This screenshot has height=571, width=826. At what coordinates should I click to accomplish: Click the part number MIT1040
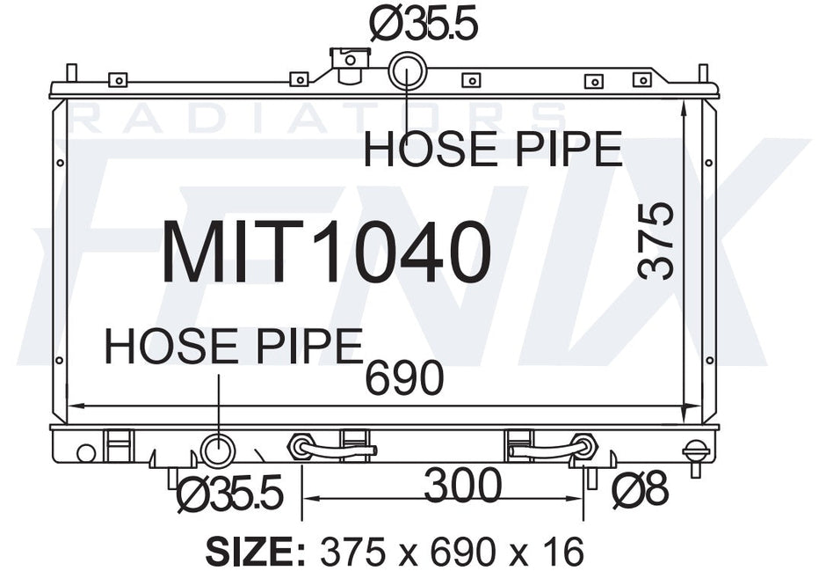(x=327, y=252)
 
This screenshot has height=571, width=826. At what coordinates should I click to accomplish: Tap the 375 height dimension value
(x=656, y=240)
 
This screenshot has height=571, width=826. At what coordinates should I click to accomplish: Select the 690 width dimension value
(x=404, y=377)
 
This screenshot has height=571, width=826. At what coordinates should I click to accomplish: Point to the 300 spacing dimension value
(x=463, y=485)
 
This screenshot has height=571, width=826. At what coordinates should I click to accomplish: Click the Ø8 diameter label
(x=641, y=490)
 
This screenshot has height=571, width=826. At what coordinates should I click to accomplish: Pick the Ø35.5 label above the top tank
(x=424, y=24)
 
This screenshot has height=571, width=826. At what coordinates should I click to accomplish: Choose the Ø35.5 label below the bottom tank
(x=230, y=494)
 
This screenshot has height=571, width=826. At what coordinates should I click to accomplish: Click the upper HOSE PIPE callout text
(x=493, y=149)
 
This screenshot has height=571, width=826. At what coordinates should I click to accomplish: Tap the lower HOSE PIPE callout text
(x=234, y=346)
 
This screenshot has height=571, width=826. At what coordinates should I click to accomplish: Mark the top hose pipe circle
(x=407, y=70)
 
